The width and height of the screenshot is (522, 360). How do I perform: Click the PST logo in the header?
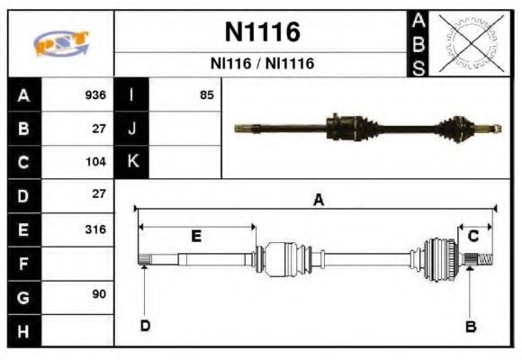(60, 43)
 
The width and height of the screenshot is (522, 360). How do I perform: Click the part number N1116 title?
(261, 33)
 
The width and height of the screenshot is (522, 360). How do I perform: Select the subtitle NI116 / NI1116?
(261, 65)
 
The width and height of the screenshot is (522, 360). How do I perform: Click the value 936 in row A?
(95, 94)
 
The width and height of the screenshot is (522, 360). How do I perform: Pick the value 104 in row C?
(95, 162)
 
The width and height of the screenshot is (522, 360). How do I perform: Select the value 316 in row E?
(94, 229)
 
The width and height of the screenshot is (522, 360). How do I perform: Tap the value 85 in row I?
(206, 94)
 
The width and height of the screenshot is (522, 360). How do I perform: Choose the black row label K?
(132, 162)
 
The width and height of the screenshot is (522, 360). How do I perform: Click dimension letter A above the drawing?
(318, 201)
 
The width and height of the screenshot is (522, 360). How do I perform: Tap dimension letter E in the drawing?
(196, 236)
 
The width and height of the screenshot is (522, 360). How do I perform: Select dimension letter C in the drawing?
(473, 236)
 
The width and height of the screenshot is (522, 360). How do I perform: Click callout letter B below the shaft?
(469, 326)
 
